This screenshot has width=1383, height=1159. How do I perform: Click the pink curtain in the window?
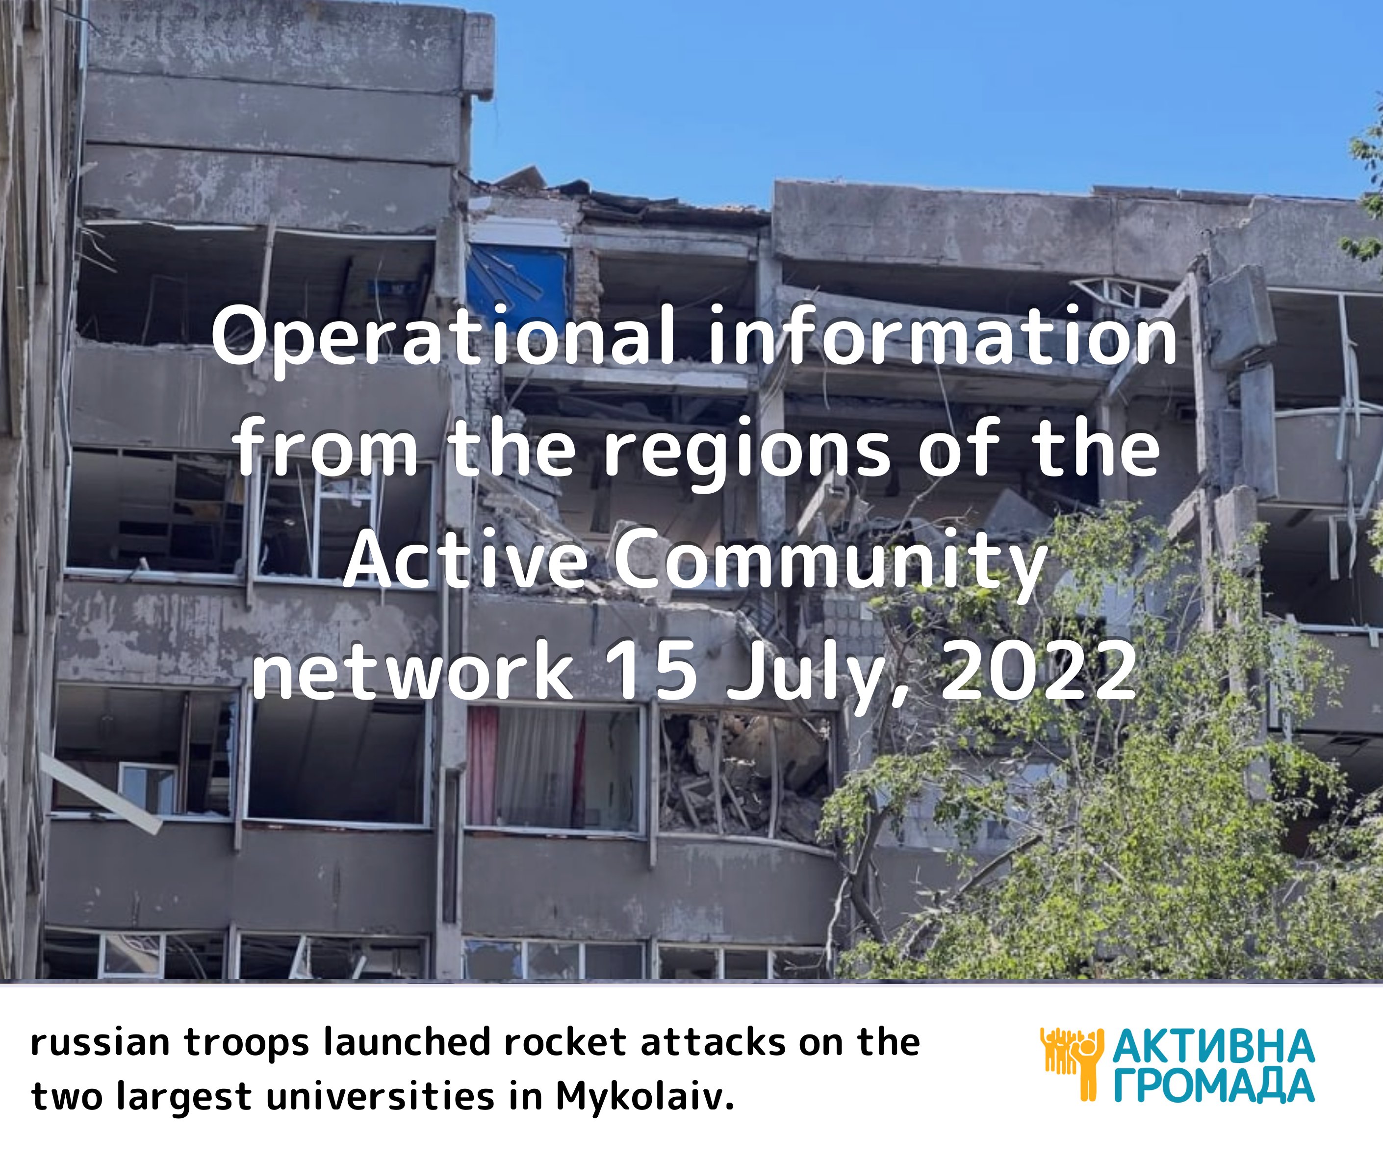[x=482, y=765]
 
